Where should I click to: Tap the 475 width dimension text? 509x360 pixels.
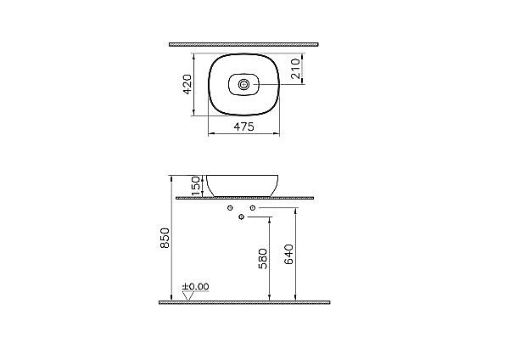click(244, 127)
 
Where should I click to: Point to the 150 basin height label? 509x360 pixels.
click(196, 185)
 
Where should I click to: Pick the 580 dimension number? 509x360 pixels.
click(263, 257)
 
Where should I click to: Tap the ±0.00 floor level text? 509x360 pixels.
click(196, 286)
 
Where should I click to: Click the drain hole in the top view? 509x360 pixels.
click(244, 84)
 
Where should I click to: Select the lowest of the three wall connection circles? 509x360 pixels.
click(242, 218)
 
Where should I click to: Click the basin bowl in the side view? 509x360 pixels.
click(244, 184)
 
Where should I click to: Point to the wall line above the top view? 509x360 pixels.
click(244, 42)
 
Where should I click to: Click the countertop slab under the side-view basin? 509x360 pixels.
click(244, 197)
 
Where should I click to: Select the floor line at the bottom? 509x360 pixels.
click(244, 301)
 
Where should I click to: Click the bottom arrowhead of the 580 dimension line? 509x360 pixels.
click(270, 298)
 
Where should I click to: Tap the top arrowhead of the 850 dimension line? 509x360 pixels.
click(172, 177)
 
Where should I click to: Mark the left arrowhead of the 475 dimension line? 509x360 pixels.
click(210, 133)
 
